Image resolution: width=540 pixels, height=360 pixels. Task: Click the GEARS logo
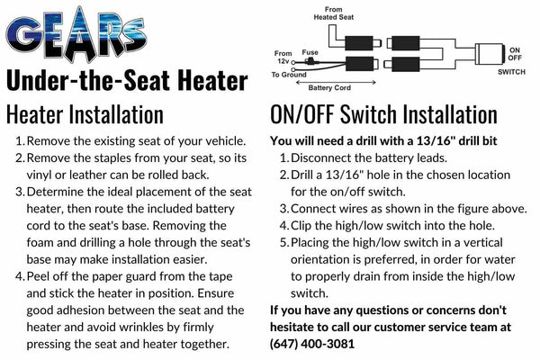(x=76, y=35)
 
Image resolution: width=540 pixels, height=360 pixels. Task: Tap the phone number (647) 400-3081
(x=312, y=344)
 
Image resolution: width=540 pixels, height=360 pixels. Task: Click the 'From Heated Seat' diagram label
(x=333, y=13)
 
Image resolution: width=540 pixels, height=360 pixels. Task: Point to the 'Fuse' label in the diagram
(x=310, y=52)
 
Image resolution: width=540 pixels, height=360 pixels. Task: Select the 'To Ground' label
(x=289, y=75)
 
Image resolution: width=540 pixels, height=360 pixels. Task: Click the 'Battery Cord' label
(x=329, y=88)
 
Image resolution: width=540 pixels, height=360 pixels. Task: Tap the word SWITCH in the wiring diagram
(x=511, y=72)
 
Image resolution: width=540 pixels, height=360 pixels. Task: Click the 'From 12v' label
(x=283, y=58)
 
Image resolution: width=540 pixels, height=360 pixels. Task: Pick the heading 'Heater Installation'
(x=85, y=114)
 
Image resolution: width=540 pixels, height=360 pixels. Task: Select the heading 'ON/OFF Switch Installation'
(x=383, y=114)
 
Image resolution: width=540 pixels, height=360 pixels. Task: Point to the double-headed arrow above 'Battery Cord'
(x=336, y=82)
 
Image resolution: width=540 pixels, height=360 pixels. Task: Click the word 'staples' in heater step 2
(x=110, y=158)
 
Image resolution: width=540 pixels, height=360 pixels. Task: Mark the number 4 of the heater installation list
(x=20, y=276)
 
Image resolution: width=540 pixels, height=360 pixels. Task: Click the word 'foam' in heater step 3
(x=40, y=242)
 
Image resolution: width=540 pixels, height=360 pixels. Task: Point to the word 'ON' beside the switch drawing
(x=515, y=50)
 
